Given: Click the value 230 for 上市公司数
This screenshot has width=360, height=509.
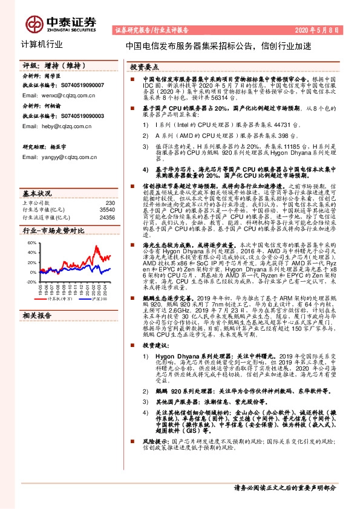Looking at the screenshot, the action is point(110,203).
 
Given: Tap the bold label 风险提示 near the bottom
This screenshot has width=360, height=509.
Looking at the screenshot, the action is point(153,441).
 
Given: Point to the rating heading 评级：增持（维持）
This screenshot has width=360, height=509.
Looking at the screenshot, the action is point(45,65).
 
